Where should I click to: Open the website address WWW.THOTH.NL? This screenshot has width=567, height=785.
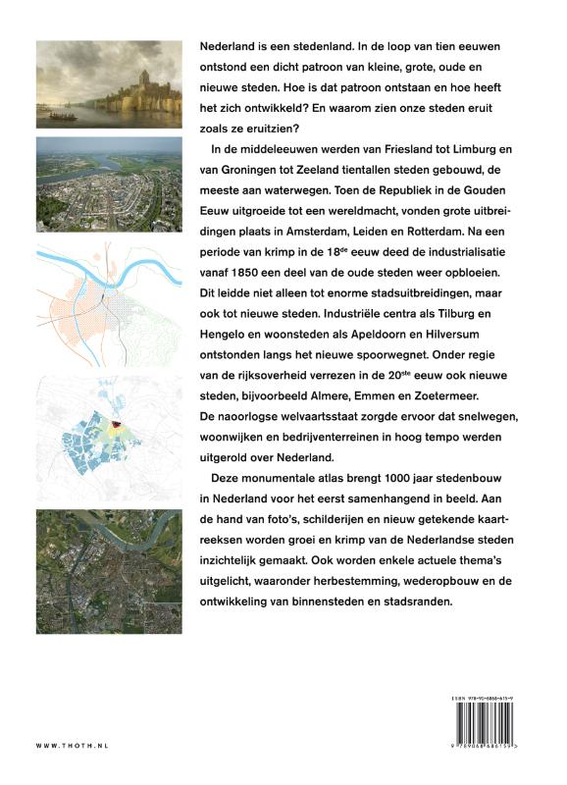point(72,746)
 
